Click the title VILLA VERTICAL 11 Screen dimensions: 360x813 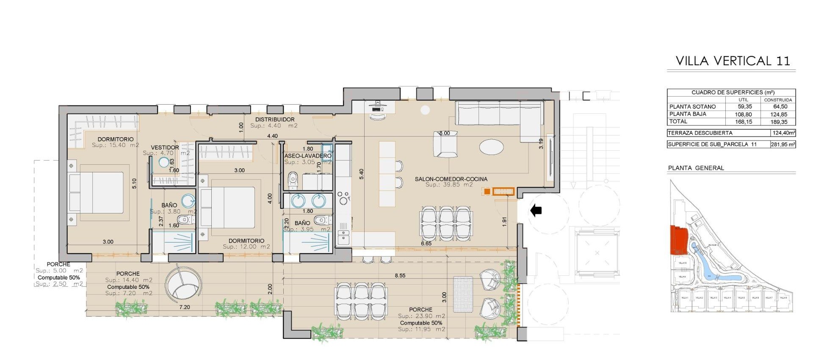tap(733, 61)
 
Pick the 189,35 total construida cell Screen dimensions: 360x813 tap(779, 122)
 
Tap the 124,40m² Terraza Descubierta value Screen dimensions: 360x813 tap(783, 133)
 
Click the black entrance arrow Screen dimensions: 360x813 tap(536, 210)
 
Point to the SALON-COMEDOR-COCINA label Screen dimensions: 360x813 tap(451, 179)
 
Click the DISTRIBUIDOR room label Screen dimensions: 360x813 tap(274, 120)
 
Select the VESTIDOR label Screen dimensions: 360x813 tap(165, 147)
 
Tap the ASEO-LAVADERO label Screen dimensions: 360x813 tap(307, 156)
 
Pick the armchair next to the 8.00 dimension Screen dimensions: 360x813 tap(445, 145)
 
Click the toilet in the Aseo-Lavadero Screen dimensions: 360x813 tap(293, 180)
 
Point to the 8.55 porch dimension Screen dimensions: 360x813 tap(400, 276)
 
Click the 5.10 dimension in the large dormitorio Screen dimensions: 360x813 tap(134, 183)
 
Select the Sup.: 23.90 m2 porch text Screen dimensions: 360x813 tap(421, 316)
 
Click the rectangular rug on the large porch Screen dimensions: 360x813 tap(463, 294)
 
